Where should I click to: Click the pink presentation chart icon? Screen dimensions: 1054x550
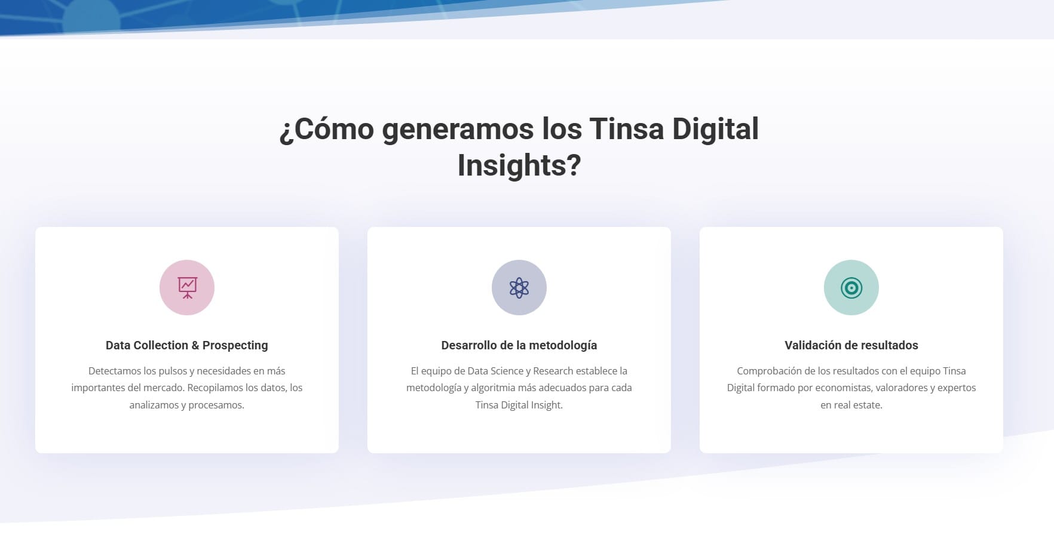(x=187, y=288)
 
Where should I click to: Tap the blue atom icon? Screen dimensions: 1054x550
(x=519, y=288)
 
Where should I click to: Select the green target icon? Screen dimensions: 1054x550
(x=851, y=288)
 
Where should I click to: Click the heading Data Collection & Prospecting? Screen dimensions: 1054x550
(x=187, y=345)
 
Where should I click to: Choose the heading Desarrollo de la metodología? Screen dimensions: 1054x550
(x=519, y=345)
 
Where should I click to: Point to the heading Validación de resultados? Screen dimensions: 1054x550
(x=851, y=345)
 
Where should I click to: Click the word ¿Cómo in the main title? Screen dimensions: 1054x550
(x=327, y=129)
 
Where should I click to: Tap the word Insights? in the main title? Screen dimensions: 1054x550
(x=519, y=165)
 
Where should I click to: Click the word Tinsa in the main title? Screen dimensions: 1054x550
(x=627, y=129)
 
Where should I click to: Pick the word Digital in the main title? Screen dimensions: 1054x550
(x=716, y=130)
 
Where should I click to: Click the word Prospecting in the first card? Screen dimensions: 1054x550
(x=235, y=346)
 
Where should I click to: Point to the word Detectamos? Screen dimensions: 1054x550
(x=115, y=371)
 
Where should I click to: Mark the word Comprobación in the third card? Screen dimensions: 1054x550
(x=767, y=371)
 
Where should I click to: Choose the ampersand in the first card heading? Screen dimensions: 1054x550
(x=195, y=345)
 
